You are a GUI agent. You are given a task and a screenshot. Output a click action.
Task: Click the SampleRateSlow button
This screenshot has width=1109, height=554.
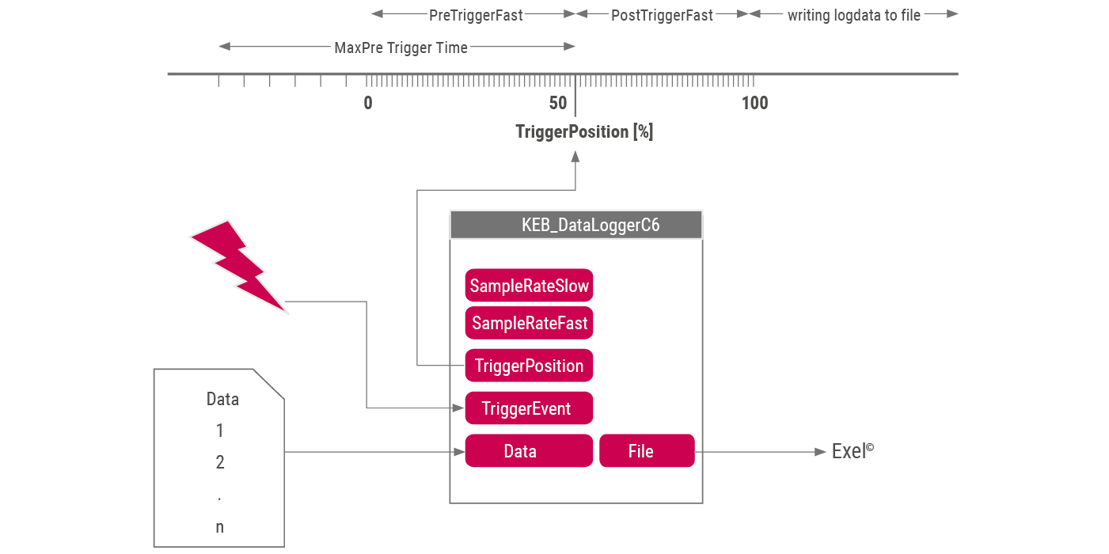[x=529, y=285]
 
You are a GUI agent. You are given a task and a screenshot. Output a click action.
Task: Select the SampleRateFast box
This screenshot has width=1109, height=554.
[x=529, y=323]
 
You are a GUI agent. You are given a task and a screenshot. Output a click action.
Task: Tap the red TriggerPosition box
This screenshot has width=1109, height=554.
[x=529, y=366]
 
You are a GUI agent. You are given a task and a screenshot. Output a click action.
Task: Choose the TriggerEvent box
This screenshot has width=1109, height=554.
[x=529, y=408]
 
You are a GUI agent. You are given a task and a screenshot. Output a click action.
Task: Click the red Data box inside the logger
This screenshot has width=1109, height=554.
[x=529, y=450]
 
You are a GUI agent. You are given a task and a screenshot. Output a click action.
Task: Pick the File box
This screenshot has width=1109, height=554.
[x=647, y=450]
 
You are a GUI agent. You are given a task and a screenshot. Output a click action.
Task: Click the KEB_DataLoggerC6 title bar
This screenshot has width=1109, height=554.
[x=576, y=225]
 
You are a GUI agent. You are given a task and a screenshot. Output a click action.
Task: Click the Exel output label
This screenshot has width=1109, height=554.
[x=853, y=451]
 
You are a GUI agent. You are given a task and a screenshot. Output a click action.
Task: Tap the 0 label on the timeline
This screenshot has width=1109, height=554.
[x=368, y=103]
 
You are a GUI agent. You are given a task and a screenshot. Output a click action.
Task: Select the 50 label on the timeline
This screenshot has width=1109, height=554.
[x=558, y=103]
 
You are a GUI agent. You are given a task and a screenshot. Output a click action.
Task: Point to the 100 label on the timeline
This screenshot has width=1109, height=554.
[x=754, y=103]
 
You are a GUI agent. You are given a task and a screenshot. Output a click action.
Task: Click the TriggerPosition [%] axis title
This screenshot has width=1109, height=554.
[x=584, y=131]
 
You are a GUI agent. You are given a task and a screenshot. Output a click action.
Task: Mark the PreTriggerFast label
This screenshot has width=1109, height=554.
[x=476, y=15]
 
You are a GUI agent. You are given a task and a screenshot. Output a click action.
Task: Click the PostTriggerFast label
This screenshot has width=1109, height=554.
[x=662, y=15]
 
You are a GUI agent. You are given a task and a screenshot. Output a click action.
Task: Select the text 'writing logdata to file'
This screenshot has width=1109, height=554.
[x=854, y=15]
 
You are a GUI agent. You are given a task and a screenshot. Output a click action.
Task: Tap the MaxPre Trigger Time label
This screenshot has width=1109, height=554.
[x=401, y=47]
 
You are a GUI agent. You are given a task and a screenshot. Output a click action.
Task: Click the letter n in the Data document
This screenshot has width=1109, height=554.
[x=220, y=528]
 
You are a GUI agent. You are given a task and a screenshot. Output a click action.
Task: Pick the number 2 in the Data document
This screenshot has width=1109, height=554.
[x=220, y=462]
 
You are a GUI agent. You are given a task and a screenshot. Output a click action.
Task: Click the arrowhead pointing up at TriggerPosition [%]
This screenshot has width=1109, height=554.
[x=575, y=157]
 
